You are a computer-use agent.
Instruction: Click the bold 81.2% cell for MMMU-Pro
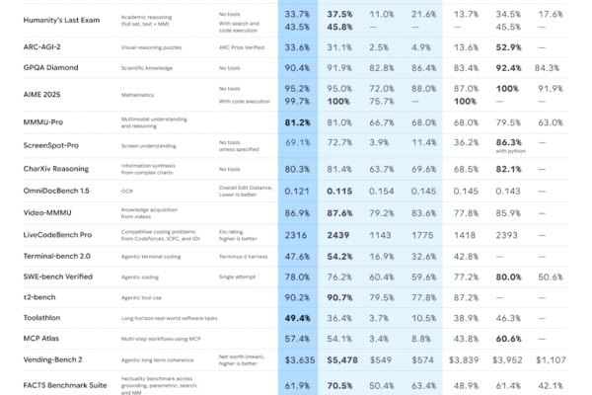pyautogui.click(x=299, y=123)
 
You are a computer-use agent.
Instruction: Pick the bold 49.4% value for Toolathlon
pyautogui.click(x=299, y=317)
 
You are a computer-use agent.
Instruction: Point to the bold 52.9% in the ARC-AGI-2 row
pyautogui.click(x=509, y=46)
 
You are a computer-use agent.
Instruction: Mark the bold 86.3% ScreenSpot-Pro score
pyautogui.click(x=509, y=143)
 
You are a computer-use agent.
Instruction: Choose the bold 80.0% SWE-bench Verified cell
pyautogui.click(x=509, y=277)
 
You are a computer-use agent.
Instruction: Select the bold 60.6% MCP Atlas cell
pyautogui.click(x=509, y=339)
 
